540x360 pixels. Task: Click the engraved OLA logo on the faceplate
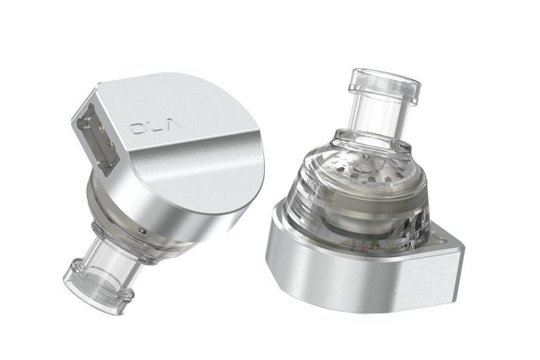coord(155,127)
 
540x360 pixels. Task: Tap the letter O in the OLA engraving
coord(137,129)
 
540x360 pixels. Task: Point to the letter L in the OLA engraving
coord(154,127)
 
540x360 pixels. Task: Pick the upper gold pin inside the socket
coord(102,129)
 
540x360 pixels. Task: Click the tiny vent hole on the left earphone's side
coord(139,229)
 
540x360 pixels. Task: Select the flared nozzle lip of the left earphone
coord(98,287)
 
